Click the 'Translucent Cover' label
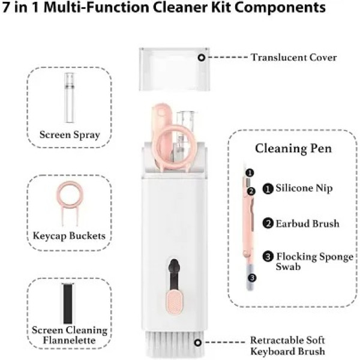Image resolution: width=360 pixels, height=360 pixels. coord(293,58)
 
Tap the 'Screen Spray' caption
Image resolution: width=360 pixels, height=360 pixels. coord(70,134)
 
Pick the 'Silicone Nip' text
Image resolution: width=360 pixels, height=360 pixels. coord(304,188)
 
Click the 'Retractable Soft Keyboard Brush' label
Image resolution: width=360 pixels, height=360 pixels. coord(289,345)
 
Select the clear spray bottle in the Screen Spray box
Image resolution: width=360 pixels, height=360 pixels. coord(69,98)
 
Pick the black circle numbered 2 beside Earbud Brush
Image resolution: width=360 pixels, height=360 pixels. coord(268,223)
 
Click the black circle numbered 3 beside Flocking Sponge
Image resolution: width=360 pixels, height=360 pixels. coord(268,256)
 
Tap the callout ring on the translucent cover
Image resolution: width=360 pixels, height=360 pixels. coord(202,57)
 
